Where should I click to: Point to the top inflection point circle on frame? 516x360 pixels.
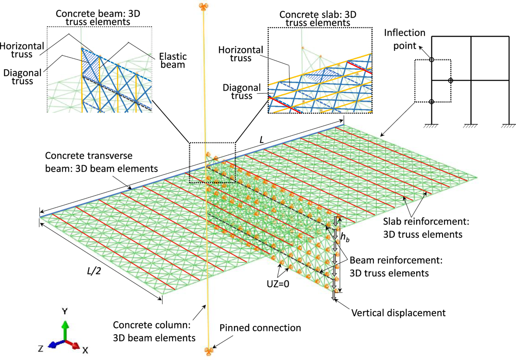[432, 59]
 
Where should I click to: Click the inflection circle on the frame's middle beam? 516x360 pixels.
[451, 80]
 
